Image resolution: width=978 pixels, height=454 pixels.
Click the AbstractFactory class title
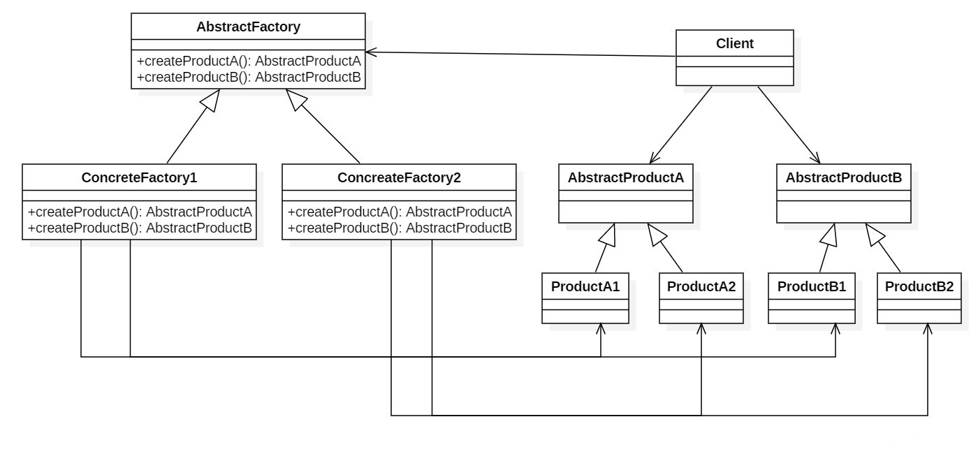248,28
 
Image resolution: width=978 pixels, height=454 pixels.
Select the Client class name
734,43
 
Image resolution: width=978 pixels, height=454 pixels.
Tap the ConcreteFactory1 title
139,177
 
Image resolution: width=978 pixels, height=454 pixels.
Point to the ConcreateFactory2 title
399,177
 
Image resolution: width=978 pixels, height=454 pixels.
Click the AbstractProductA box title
625,177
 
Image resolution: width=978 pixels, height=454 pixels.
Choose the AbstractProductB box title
844,177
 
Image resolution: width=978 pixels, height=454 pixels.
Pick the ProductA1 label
585,286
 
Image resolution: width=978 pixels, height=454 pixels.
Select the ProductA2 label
701,286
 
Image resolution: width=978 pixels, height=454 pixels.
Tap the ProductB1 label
812,286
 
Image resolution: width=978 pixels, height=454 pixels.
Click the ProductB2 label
919,286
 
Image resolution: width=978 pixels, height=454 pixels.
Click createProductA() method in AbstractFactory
248,61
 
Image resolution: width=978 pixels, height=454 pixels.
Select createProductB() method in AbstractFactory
248,77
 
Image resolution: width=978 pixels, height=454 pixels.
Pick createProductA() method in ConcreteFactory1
139,211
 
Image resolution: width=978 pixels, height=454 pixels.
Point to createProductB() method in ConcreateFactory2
399,228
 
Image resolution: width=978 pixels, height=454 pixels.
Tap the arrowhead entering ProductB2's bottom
928,328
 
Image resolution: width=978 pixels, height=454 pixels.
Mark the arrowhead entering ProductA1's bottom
601,328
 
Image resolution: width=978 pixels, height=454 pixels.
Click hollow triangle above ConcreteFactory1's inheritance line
210,101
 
